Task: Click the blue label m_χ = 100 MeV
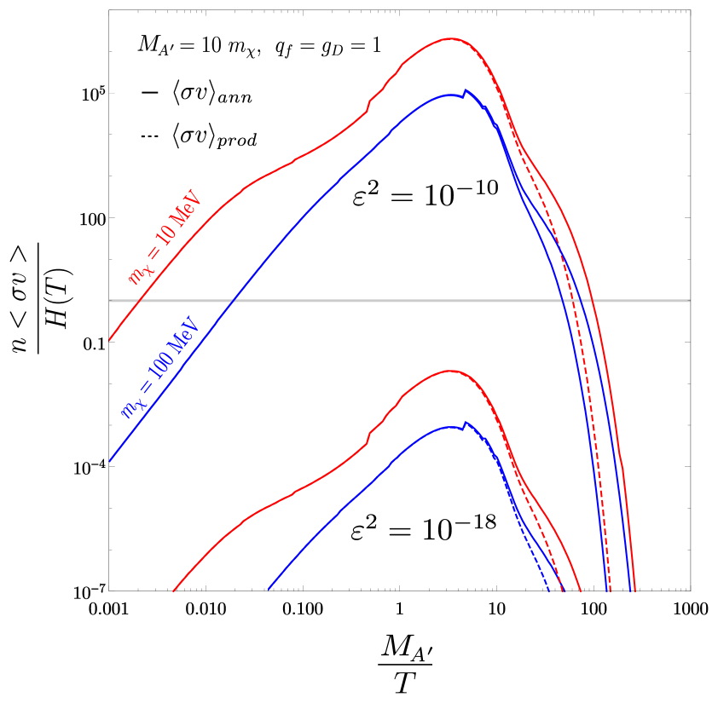[x=159, y=367]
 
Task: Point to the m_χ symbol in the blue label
[x=130, y=406]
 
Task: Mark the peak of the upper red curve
[x=451, y=38]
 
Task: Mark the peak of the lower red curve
[x=451, y=371]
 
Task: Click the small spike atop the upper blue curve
[x=466, y=89]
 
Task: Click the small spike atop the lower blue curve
[x=466, y=422]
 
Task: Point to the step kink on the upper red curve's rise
[x=368, y=105]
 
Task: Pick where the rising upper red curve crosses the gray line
[x=138, y=301]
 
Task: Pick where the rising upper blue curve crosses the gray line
[x=232, y=301]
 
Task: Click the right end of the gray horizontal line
[x=689, y=301]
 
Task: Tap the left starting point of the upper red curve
[x=110, y=339]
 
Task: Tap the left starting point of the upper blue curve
[x=110, y=461]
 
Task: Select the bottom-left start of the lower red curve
[x=173, y=591]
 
